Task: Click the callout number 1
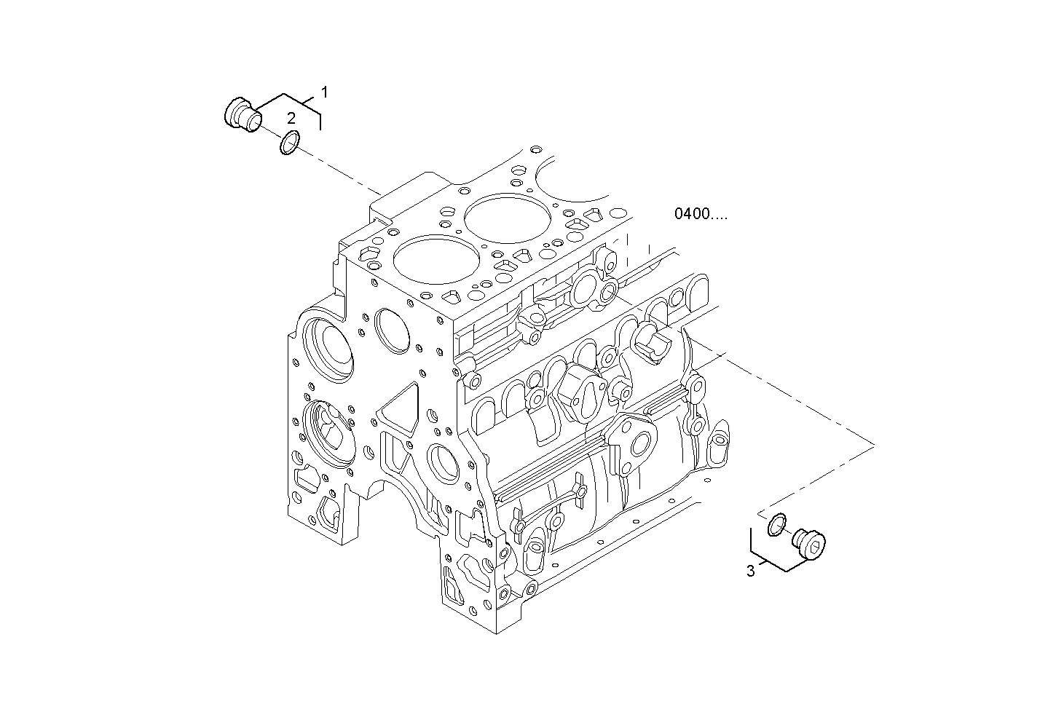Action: pos(325,92)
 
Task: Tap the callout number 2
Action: pos(291,118)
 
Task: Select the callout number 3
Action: pos(751,571)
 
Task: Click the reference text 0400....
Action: pos(700,214)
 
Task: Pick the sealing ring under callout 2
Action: pos(289,143)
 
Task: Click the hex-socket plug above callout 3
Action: pos(811,545)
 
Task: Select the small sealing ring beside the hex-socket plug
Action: pos(777,523)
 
